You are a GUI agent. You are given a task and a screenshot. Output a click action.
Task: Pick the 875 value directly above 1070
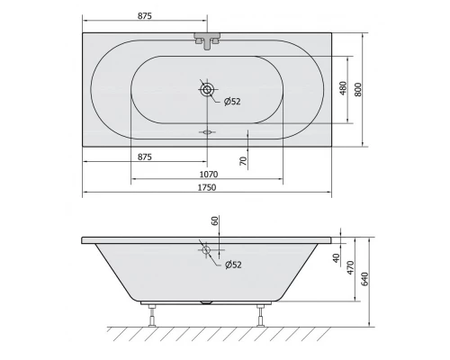point(144,157)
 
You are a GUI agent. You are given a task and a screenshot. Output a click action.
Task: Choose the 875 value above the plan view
point(144,14)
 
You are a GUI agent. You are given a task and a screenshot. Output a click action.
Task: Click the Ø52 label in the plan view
point(230,100)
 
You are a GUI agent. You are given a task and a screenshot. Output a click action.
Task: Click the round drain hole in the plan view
point(208,90)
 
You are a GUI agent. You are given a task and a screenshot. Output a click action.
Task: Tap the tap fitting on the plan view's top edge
point(208,40)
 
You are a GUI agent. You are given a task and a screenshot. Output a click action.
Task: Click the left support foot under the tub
point(150,314)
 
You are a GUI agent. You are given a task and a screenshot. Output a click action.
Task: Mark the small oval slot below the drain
point(208,130)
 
